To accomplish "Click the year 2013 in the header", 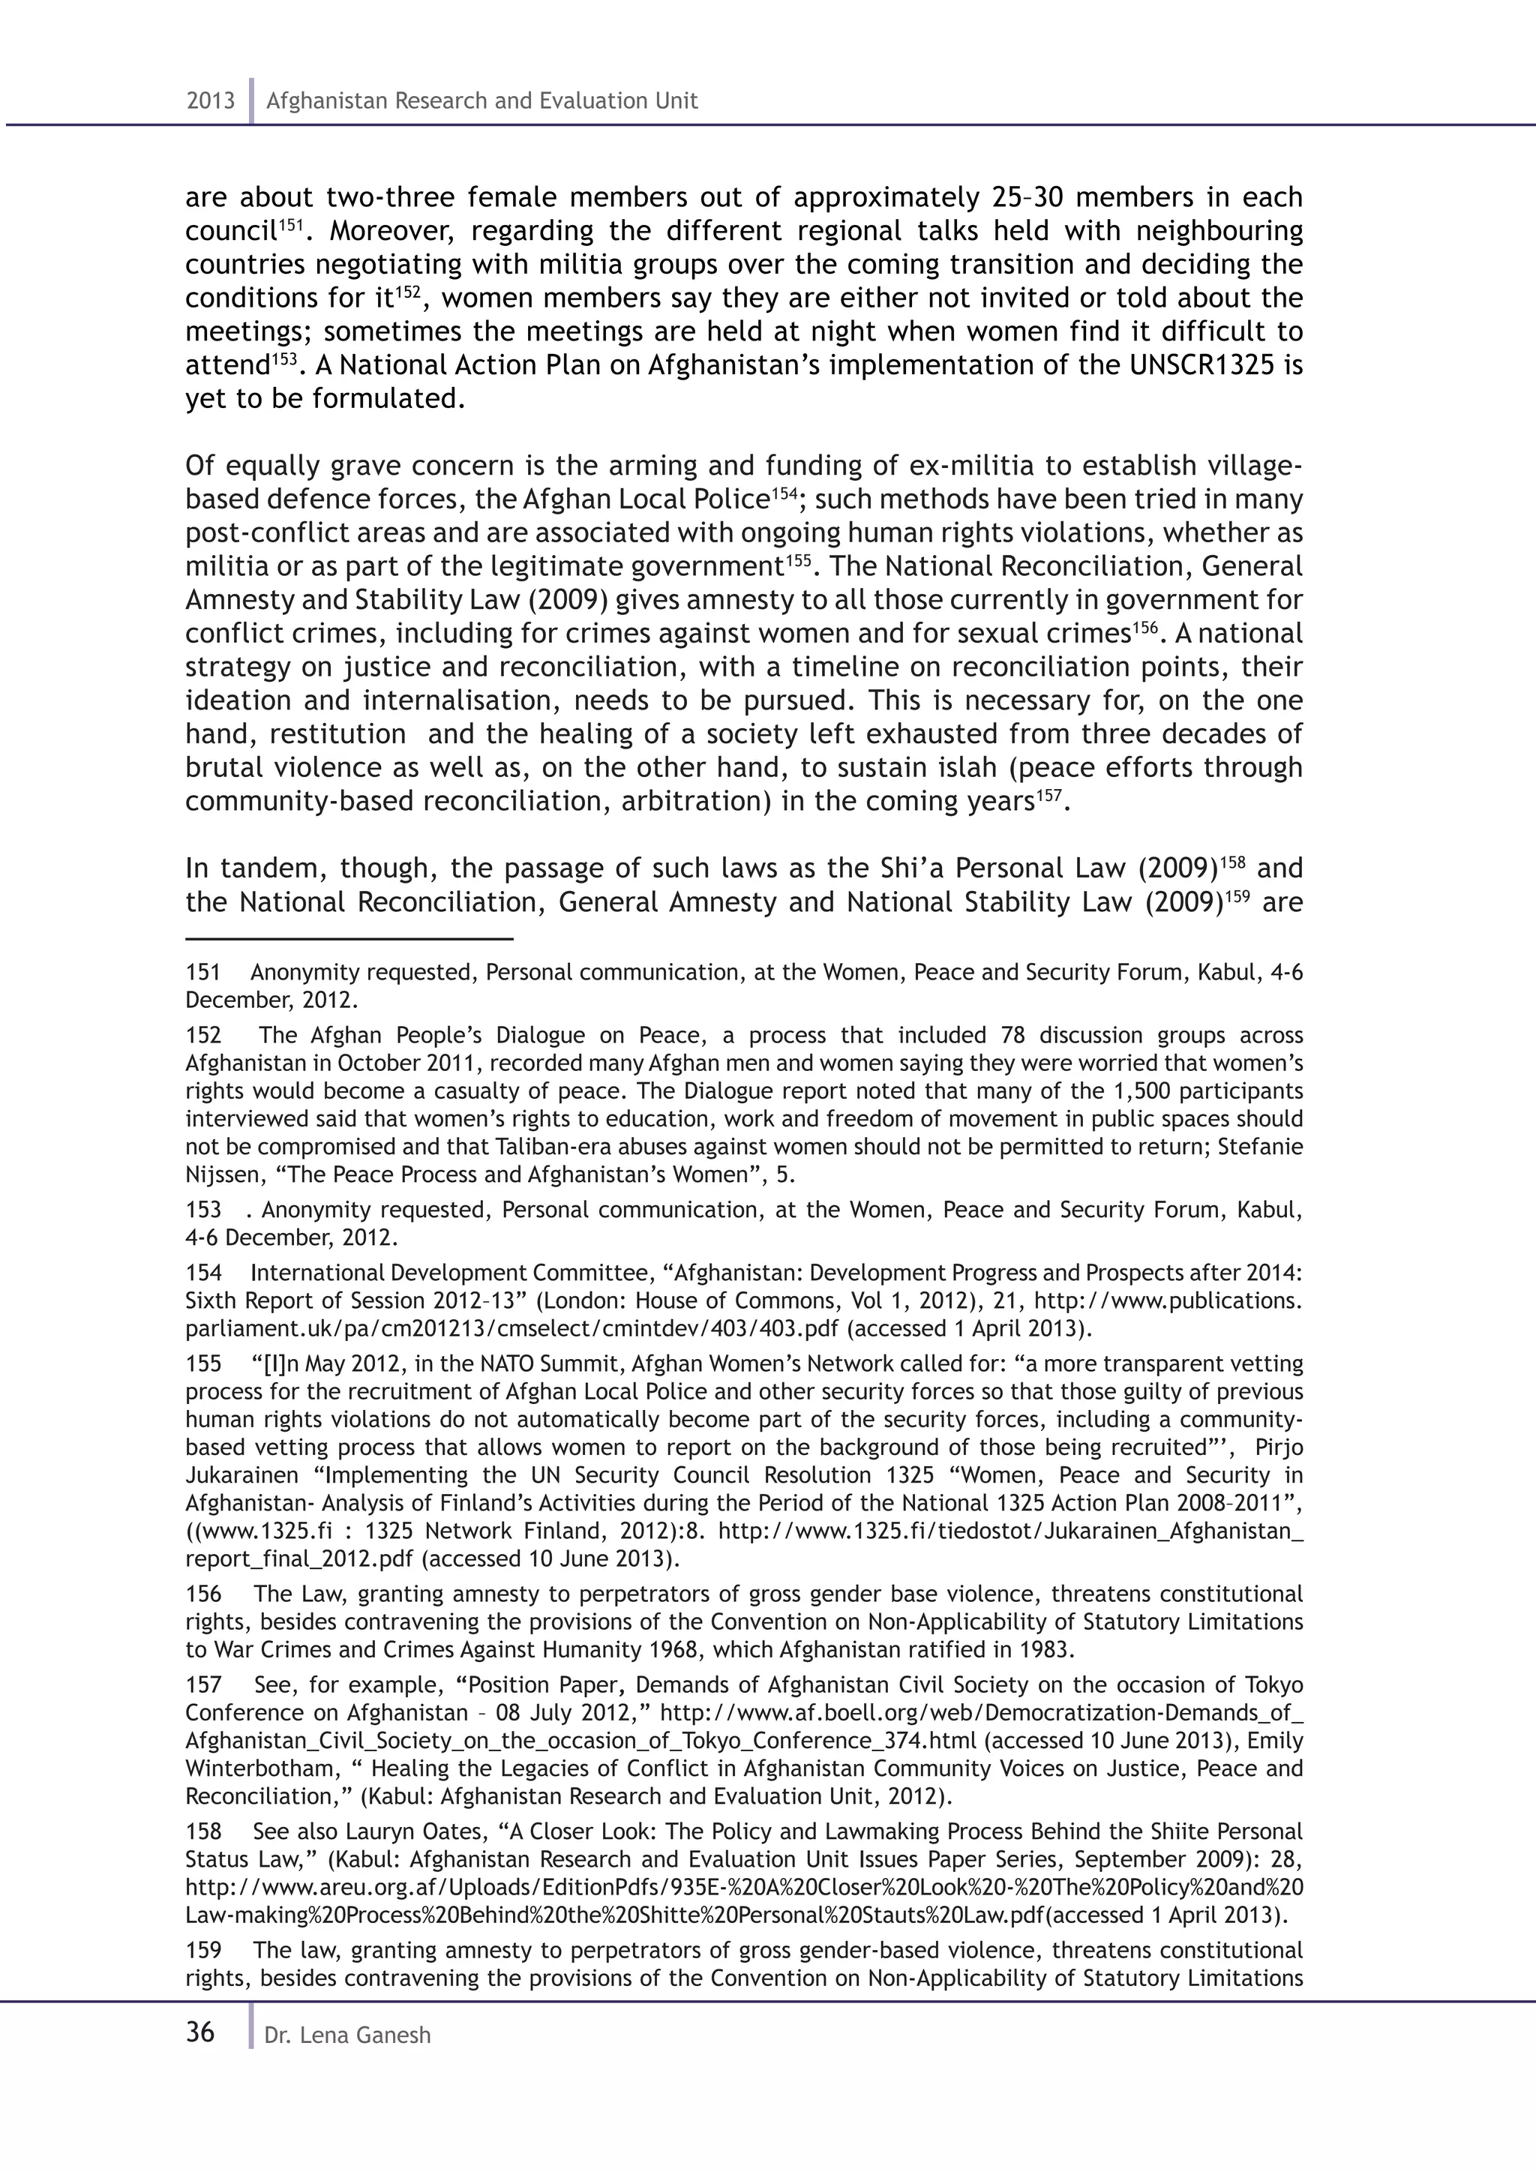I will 210,101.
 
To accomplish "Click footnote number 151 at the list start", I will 202,973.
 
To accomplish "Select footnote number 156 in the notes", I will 202,1594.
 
